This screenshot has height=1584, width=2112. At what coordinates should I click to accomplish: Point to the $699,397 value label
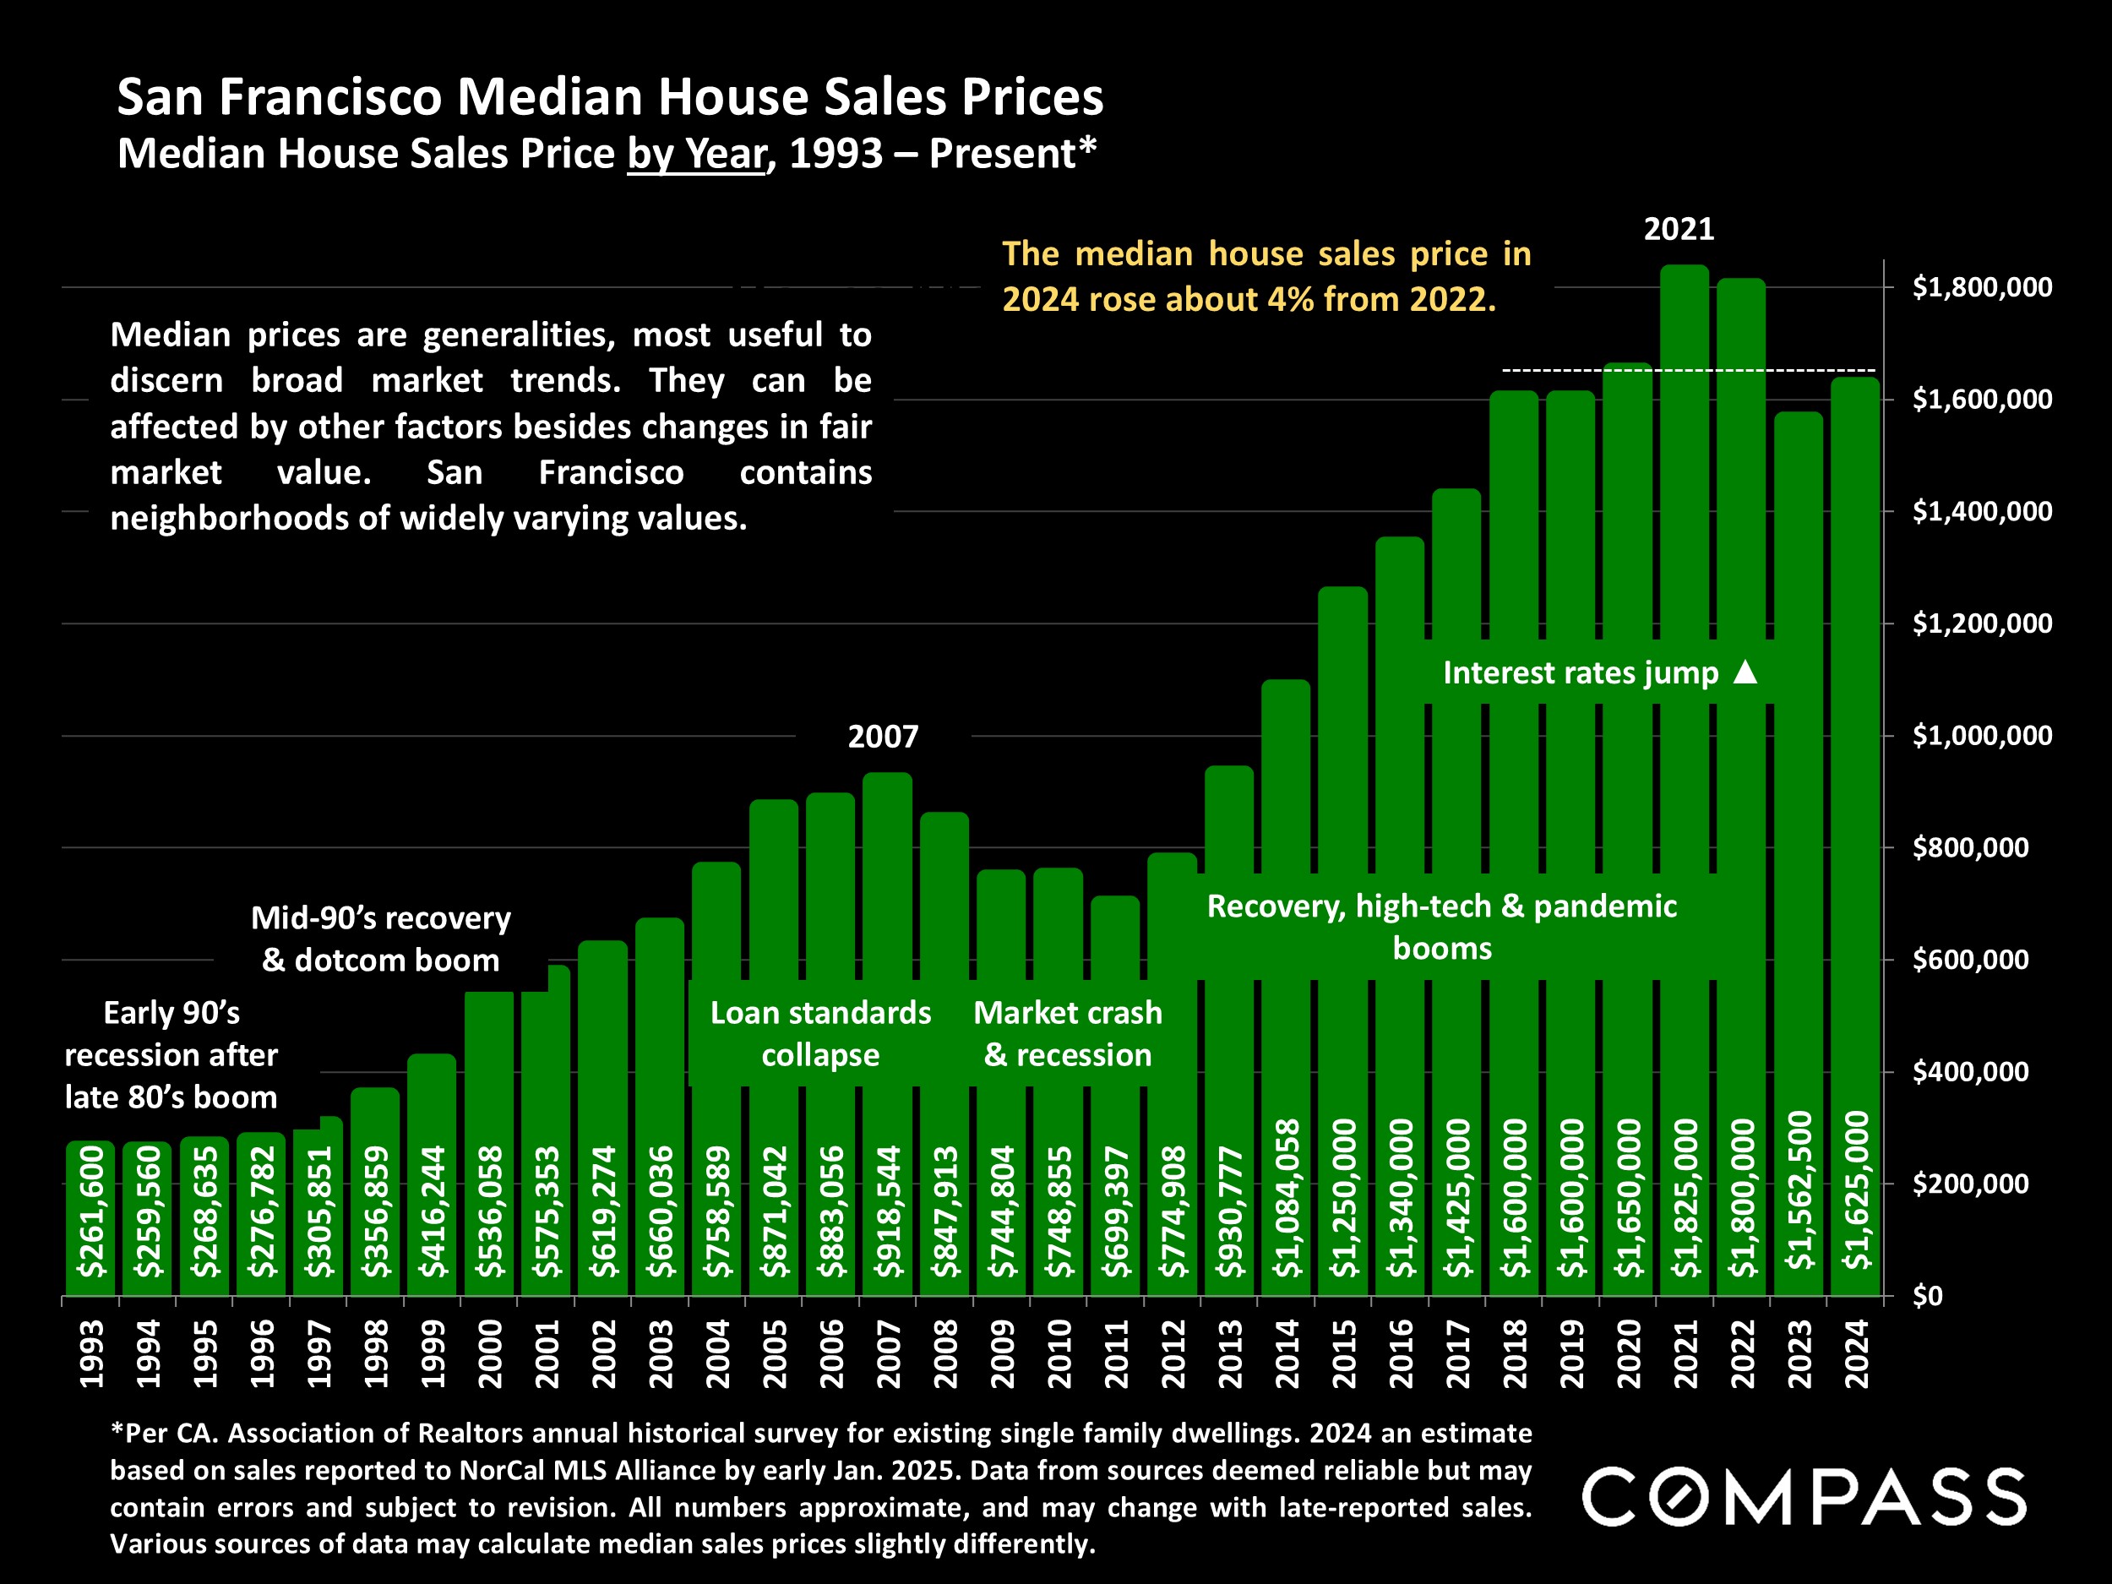[x=1115, y=1211]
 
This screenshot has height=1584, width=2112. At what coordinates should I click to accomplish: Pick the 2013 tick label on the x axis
[x=1230, y=1354]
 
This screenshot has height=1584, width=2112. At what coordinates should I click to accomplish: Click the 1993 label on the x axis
[x=90, y=1354]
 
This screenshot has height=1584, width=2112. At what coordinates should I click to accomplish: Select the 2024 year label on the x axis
[x=1856, y=1354]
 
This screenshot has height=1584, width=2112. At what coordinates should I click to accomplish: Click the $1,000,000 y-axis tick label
[x=1982, y=735]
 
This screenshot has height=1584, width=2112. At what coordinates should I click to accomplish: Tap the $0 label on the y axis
[x=1928, y=1296]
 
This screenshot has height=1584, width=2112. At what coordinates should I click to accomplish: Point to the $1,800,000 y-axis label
[x=1982, y=286]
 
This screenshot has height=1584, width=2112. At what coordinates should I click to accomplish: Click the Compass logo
[x=1804, y=1496]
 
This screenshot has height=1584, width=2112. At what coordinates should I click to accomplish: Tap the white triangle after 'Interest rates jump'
[x=1745, y=672]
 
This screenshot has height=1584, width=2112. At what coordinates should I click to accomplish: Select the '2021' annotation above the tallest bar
[x=1679, y=229]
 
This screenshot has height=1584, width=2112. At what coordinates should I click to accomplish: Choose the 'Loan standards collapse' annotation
[x=820, y=1033]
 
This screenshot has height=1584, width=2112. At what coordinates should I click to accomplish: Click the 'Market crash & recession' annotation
[x=1068, y=1033]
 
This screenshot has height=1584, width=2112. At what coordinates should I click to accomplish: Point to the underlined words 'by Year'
[x=696, y=155]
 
